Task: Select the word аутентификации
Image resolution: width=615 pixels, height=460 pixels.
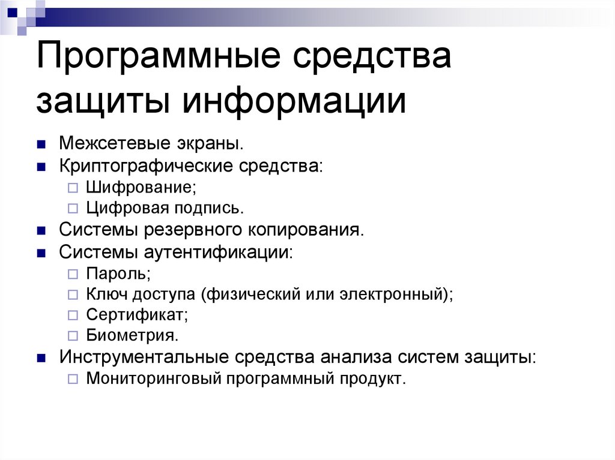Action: (x=220, y=251)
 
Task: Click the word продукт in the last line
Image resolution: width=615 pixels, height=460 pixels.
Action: (x=373, y=379)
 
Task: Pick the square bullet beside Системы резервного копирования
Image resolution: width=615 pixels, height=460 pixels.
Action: (x=41, y=231)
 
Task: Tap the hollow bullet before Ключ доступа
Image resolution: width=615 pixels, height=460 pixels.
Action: (x=72, y=295)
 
